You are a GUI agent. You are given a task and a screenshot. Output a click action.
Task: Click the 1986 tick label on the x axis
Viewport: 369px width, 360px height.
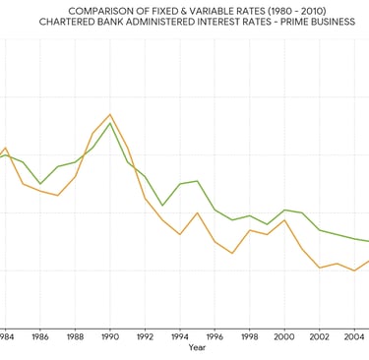(x=40, y=336)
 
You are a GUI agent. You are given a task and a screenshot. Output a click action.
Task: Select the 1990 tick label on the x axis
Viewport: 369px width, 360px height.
(x=109, y=336)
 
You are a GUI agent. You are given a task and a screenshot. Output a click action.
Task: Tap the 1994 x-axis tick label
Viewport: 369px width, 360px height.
(x=180, y=336)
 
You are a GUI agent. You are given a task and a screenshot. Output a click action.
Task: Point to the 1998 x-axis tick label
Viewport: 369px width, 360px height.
(x=250, y=336)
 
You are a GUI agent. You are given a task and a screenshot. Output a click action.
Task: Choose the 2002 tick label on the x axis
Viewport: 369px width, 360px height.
(x=320, y=336)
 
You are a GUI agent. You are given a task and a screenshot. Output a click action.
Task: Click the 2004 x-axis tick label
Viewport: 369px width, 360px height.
(x=354, y=336)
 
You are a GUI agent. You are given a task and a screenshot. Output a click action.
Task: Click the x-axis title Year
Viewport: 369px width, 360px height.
(x=197, y=347)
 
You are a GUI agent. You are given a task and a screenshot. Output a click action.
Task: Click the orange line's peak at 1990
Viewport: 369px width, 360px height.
(x=109, y=114)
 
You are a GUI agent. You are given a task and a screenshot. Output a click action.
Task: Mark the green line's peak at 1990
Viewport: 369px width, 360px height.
(x=109, y=123)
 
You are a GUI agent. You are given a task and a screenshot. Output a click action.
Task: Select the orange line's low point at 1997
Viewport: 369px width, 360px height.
(x=232, y=254)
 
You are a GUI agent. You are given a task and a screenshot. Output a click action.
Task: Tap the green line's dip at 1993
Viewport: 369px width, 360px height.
(x=162, y=206)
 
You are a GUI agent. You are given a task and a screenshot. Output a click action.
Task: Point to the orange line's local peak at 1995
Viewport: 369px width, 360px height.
(x=198, y=212)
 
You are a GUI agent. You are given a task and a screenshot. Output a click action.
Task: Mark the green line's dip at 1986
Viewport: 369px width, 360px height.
(x=40, y=184)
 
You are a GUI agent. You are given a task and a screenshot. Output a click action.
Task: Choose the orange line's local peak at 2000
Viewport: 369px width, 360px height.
(x=284, y=219)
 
